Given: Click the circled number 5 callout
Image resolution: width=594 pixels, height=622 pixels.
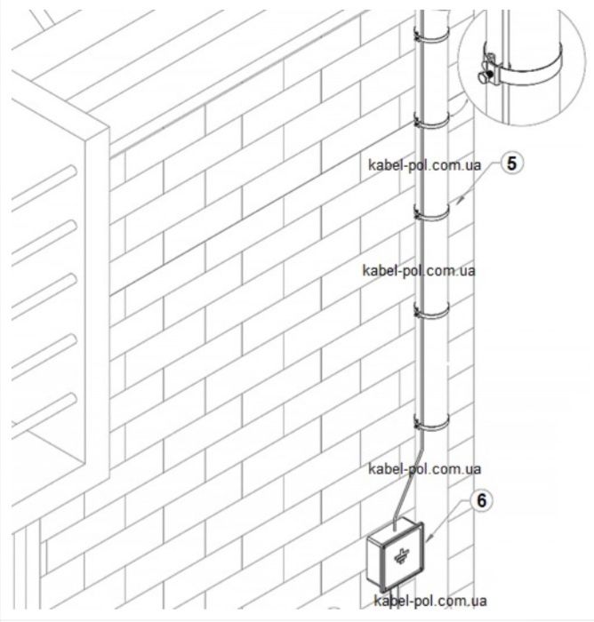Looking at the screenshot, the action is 511,163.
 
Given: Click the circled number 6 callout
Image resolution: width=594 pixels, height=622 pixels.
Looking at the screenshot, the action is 481,500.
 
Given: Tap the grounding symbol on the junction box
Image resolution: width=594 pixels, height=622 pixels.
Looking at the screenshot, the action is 401,556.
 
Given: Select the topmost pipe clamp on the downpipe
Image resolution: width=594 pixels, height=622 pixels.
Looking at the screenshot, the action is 431,38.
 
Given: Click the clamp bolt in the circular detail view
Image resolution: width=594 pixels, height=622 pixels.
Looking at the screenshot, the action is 486,76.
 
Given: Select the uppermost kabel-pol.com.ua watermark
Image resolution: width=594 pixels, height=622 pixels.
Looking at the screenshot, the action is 424,165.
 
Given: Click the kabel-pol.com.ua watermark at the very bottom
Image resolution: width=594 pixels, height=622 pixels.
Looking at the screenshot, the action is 430,600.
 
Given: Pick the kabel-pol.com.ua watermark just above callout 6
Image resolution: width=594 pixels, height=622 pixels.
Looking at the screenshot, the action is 424,469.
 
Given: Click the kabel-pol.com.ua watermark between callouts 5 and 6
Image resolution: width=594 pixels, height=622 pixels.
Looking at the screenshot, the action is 419,271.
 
